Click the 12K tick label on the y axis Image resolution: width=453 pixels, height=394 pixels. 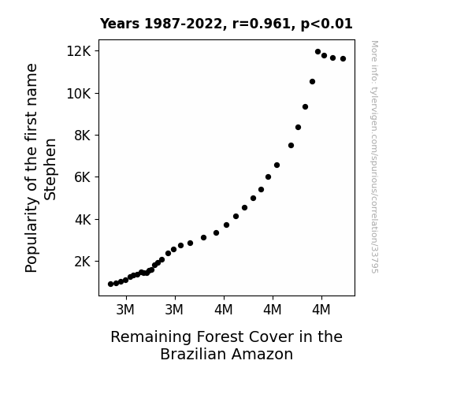79,51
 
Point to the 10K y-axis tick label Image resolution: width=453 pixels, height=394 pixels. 79,94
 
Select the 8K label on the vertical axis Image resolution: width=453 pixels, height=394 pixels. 83,136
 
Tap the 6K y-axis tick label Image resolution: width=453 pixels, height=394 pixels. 83,177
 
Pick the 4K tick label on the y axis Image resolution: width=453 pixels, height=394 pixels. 83,220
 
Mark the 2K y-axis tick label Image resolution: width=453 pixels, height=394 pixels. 83,262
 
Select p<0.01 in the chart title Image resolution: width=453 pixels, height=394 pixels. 326,24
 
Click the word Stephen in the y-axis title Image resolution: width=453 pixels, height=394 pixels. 50,169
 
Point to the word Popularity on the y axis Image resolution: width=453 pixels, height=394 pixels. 32,235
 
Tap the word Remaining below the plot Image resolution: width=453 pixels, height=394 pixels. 151,337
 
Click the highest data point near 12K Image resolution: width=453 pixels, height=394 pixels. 317,52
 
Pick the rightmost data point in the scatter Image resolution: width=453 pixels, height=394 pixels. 343,58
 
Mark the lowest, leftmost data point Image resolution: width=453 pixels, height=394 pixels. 110,284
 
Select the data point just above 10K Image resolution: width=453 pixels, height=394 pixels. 312,82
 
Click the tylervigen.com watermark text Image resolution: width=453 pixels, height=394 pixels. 374,157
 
